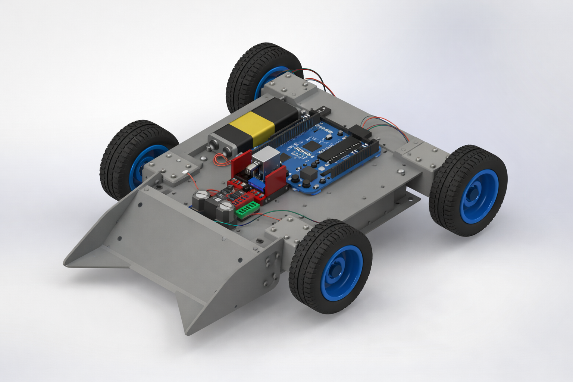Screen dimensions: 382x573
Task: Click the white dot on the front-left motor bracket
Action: [x=185, y=172]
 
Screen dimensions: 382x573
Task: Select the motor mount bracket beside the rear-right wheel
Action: [x=420, y=156]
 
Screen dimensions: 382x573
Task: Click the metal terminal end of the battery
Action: [x=219, y=145]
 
